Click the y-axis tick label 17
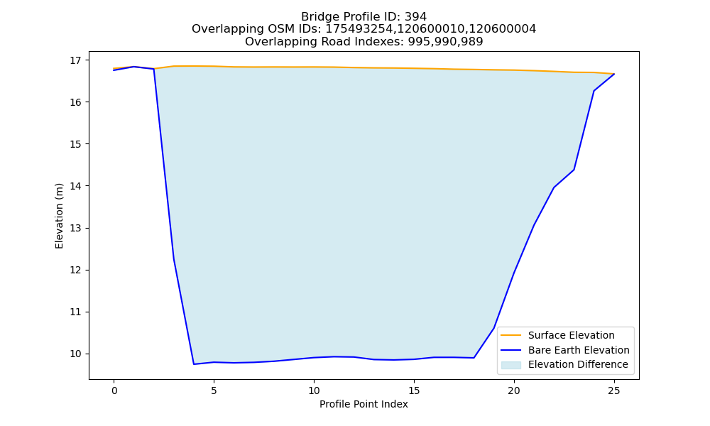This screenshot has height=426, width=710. [76, 60]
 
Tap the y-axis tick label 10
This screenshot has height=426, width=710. [76, 354]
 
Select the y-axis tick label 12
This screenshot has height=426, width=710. [76, 271]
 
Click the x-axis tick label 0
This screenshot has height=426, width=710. [114, 390]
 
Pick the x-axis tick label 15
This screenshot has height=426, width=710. [414, 390]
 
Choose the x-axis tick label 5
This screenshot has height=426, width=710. [214, 390]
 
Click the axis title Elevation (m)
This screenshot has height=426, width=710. [59, 216]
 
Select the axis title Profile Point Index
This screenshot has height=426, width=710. [364, 404]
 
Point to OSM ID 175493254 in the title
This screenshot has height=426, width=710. [359, 29]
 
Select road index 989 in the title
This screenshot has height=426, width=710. [472, 42]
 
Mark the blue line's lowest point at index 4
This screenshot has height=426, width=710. [194, 364]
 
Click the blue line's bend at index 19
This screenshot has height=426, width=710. [493, 328]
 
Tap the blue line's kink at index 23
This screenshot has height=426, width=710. [574, 170]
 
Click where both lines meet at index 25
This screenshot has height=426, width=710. [614, 74]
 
